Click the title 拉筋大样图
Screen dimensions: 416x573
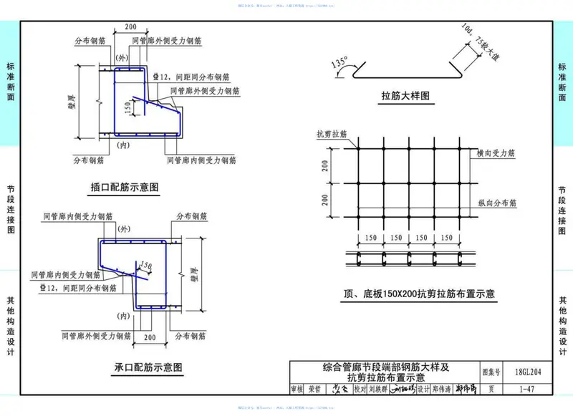[405, 95]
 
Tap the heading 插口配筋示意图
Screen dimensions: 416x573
[124, 188]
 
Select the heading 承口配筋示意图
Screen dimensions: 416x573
[148, 367]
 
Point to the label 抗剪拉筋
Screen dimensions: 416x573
[331, 134]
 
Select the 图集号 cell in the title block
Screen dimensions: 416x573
[491, 372]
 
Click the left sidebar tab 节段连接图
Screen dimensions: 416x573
[10, 208]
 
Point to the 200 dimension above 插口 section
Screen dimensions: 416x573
[130, 27]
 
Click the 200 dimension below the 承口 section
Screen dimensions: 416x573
[149, 337]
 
